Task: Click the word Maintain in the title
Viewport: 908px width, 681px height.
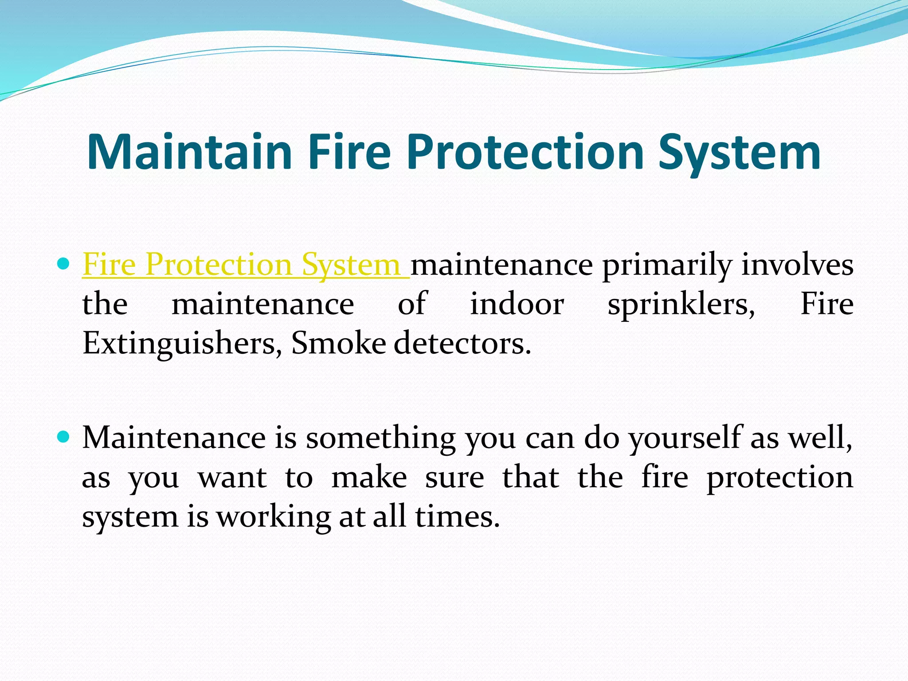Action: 190,152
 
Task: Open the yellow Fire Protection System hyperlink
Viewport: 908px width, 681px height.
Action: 242,265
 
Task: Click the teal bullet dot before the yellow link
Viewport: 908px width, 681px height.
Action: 64,265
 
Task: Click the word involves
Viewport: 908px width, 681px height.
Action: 798,265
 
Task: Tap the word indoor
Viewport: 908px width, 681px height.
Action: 517,305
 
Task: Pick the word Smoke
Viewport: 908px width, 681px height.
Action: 339,344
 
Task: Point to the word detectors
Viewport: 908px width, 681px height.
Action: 462,344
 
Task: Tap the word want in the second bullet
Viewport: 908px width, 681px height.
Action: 232,478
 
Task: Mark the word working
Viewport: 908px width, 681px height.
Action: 274,517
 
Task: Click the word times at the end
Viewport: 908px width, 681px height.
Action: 457,517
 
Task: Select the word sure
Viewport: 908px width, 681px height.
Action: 454,478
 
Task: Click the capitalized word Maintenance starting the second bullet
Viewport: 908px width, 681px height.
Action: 174,438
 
